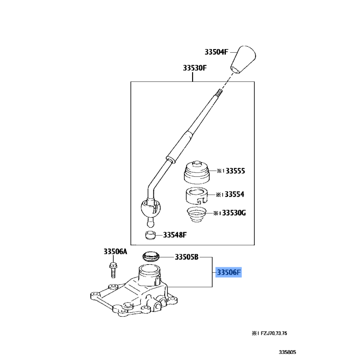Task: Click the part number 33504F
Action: pos(216,52)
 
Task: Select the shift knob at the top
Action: pos(243,60)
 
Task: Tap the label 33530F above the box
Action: pos(195,68)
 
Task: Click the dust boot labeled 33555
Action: pos(197,172)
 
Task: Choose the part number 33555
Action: pos(235,171)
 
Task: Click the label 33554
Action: pos(234,194)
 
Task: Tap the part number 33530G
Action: pos(234,213)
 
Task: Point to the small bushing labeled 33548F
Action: pos(150,235)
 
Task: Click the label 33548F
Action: pos(175,235)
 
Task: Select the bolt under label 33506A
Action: pos(113,270)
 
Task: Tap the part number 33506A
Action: pos(115,252)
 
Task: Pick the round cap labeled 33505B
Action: pos(151,256)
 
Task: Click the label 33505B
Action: pos(187,256)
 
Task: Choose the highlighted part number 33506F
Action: pos(229,272)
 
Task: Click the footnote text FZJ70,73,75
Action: pos(274,333)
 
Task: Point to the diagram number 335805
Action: pos(288,352)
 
